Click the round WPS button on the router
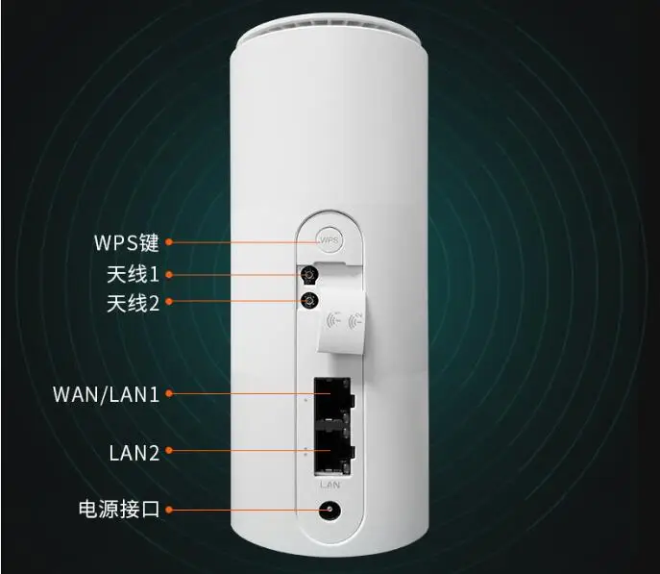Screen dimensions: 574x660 (x=330, y=239)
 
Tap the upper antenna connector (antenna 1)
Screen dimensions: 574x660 (x=310, y=277)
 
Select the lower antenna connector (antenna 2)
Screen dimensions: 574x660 (x=310, y=302)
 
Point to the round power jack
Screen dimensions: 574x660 (x=331, y=510)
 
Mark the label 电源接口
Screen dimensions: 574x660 (x=120, y=509)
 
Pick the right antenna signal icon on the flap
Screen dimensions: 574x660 (x=358, y=318)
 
